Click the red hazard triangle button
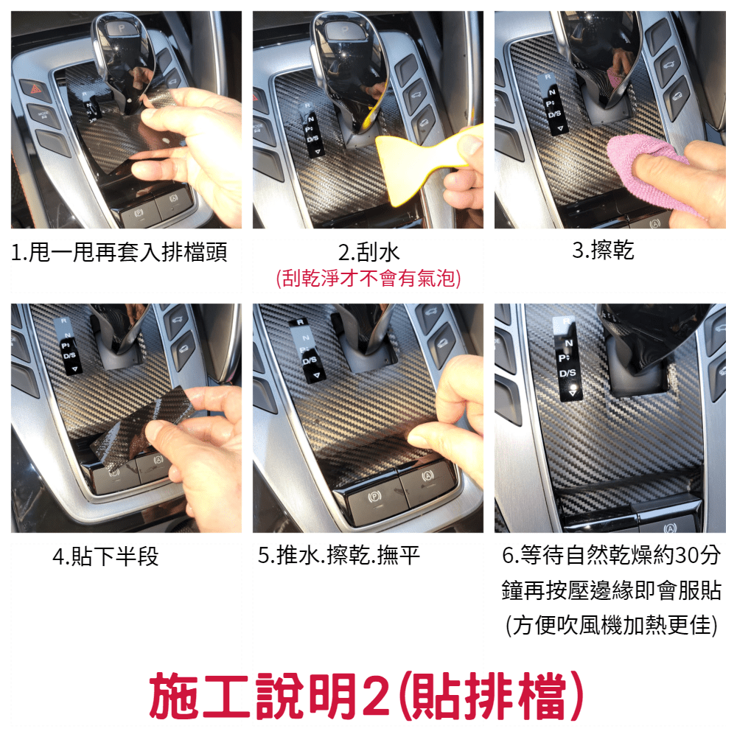[x=36, y=88]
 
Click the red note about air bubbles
[x=368, y=279]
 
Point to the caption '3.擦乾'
[x=603, y=250]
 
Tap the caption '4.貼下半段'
[x=105, y=556]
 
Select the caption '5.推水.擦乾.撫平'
[x=338, y=555]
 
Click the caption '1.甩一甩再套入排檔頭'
[x=119, y=252]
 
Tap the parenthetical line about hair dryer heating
[x=612, y=625]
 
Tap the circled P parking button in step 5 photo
[x=374, y=496]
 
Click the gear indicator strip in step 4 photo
[x=68, y=346]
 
